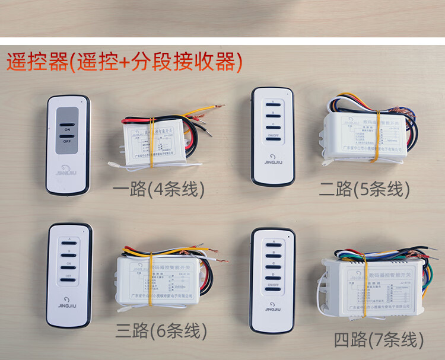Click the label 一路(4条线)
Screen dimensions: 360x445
tap(158, 189)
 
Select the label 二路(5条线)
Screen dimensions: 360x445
tap(365, 189)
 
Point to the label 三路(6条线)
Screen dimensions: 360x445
tap(161, 330)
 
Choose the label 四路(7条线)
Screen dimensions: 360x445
tap(379, 340)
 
